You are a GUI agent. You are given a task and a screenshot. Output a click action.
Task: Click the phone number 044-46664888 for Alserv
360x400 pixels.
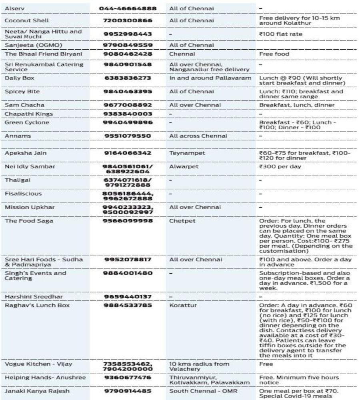pos(128,8)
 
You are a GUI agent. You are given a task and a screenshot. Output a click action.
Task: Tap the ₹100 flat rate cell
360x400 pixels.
pos(280,34)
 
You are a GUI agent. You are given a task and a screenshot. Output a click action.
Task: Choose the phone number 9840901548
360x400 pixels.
pos(128,64)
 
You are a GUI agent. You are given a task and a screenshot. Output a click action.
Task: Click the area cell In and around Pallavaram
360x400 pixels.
pos(210,78)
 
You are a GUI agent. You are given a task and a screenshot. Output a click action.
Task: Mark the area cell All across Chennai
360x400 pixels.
pos(198,136)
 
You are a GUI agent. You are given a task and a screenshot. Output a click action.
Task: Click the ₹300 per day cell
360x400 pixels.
pos(280,166)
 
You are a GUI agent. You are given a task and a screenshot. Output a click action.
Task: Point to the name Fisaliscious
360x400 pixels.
pos(23,194)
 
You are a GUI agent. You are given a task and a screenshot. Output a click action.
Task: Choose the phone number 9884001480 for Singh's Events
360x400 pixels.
pos(128,273)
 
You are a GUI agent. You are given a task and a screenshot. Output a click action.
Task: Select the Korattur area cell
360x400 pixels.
pos(181,305)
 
